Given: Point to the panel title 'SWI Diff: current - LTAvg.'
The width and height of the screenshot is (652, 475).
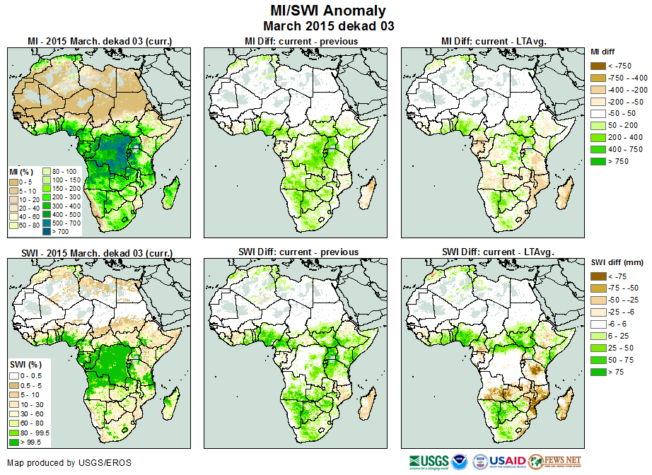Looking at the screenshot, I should (498, 252).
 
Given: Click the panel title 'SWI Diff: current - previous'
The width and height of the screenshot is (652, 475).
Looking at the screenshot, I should (301, 252).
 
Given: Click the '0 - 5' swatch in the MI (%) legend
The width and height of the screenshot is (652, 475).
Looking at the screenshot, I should (14, 182).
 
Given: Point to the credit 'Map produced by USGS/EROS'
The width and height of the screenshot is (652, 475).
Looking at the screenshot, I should (69, 463).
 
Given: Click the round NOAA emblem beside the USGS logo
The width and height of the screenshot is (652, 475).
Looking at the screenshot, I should (460, 461).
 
